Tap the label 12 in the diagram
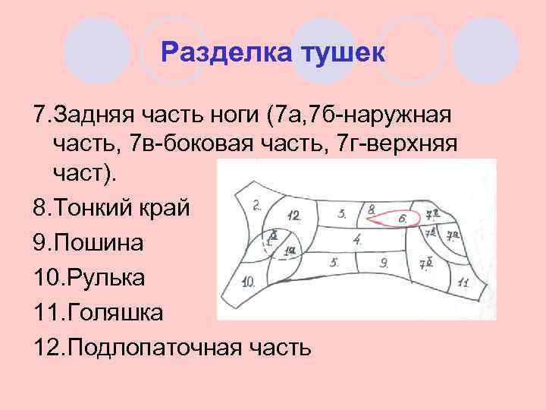(x=294, y=216)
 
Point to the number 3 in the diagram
(x=343, y=213)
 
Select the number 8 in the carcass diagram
(x=371, y=209)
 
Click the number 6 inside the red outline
(x=403, y=219)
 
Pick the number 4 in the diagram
(x=356, y=240)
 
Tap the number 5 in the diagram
(x=334, y=263)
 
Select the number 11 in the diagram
(x=463, y=282)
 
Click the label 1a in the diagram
(x=290, y=251)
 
